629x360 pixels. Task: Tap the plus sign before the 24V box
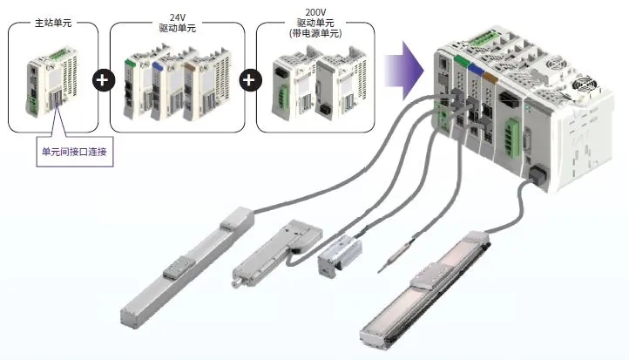[x=103, y=81]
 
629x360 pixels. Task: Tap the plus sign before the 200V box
[x=250, y=81]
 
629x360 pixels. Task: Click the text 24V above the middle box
[x=179, y=17]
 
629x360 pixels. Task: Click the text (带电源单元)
[x=317, y=33]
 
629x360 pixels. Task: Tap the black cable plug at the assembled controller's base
[x=535, y=175]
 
